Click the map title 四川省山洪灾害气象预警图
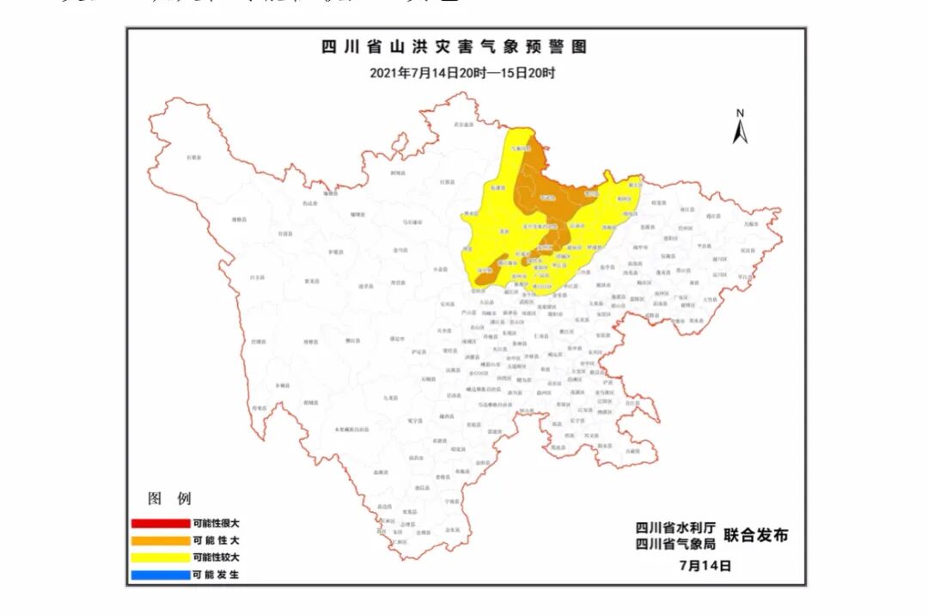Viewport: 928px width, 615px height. tap(455, 47)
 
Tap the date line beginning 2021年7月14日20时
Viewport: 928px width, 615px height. tap(462, 73)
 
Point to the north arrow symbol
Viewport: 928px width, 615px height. tap(740, 131)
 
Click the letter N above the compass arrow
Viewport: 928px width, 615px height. tap(740, 113)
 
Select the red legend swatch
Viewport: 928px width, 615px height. tap(160, 523)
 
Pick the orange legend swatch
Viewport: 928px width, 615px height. tap(160, 540)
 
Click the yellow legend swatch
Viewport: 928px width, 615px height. tap(160, 557)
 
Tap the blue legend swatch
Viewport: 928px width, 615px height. tap(160, 575)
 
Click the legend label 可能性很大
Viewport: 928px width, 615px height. tap(217, 523)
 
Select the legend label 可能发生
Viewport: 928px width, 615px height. tap(217, 575)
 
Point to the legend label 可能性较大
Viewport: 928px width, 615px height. tap(217, 557)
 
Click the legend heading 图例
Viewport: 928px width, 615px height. tap(170, 499)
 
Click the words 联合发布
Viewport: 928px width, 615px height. tap(755, 536)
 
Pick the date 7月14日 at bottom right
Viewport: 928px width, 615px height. tap(705, 566)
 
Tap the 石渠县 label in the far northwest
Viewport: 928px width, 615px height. tap(194, 158)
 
